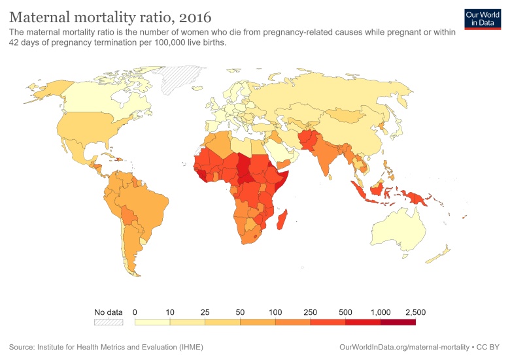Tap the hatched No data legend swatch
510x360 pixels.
click(109, 321)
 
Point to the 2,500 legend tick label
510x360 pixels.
click(415, 312)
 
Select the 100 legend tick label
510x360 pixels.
click(275, 312)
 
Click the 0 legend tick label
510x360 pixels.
click(135, 312)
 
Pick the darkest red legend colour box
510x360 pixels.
click(398, 321)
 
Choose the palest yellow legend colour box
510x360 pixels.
click(152, 321)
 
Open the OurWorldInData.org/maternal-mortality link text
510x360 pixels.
click(405, 346)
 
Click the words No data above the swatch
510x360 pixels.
click(109, 312)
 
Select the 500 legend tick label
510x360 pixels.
click(345, 312)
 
